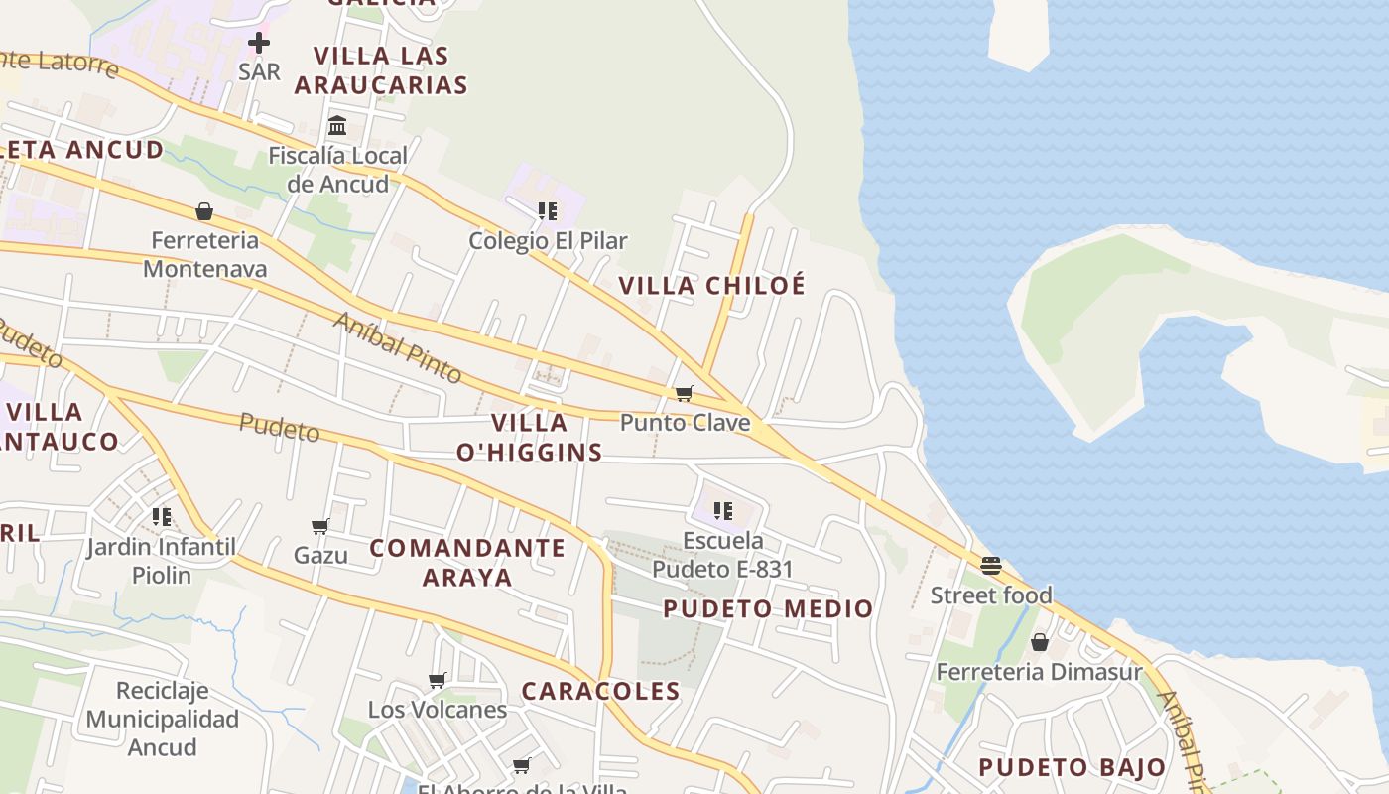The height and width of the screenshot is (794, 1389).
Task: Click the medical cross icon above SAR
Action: coord(259,43)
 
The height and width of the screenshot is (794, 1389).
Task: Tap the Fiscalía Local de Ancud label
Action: coord(337,170)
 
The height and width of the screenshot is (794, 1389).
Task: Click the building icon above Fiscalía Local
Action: coord(337,126)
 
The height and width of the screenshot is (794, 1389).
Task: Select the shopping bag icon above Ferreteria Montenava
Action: coord(204,211)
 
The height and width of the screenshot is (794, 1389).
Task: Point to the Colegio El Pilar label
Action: coord(548,240)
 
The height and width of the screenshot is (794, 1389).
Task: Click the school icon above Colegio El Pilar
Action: coord(547,211)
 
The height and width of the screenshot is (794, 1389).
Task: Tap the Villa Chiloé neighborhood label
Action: coord(712,286)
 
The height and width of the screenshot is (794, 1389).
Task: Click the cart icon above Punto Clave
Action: coord(684,394)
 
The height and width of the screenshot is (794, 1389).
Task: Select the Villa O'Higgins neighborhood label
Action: coord(530,438)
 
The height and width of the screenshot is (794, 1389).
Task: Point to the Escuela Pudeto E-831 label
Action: coord(722,555)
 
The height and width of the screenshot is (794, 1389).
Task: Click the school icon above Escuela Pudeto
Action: coord(723,511)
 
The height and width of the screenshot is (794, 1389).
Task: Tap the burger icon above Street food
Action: coord(991,566)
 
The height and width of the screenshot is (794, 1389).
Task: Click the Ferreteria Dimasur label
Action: coord(1039,672)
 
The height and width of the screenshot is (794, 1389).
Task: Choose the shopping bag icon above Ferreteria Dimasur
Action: coord(1040,643)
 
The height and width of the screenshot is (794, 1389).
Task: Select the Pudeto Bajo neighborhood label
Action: coord(1072,767)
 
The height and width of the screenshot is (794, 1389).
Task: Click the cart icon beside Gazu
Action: coord(319,526)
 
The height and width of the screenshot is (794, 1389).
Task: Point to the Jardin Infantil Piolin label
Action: coord(161,561)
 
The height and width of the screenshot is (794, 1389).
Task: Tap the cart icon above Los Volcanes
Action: coord(437,680)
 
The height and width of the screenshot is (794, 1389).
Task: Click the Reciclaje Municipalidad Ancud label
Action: coord(163,719)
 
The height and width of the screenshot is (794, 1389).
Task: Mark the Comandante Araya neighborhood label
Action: coord(467,562)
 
